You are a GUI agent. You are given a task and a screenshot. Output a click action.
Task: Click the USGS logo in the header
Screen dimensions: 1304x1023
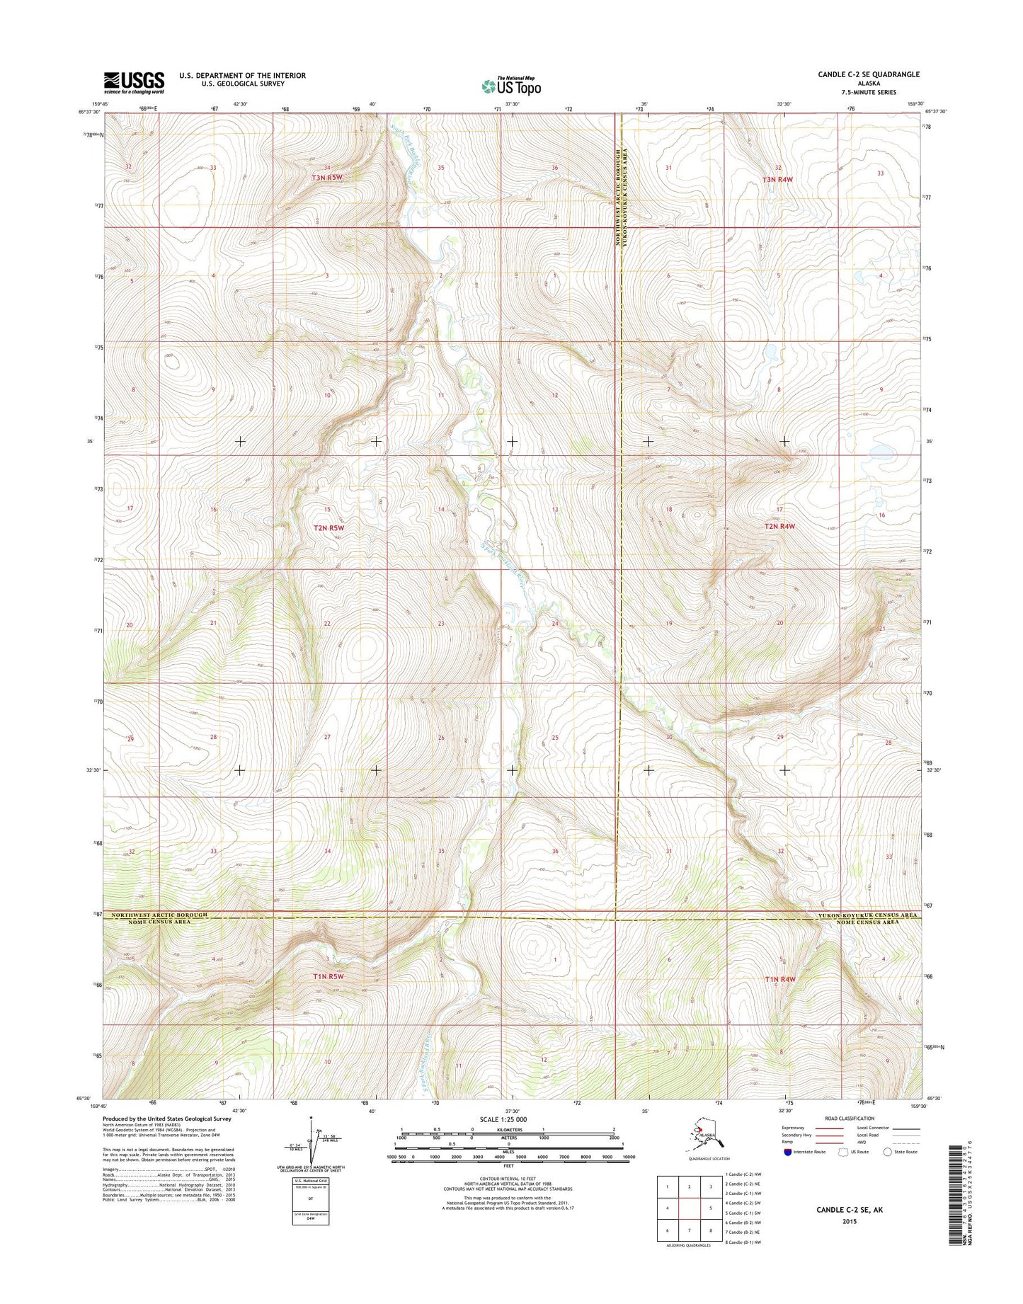[134, 82]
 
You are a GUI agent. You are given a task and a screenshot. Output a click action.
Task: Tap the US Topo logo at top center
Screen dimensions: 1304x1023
[511, 86]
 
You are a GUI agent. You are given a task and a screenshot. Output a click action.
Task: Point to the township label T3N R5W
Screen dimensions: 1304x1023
[327, 178]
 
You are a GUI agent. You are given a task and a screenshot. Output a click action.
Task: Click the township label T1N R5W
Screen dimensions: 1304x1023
[328, 977]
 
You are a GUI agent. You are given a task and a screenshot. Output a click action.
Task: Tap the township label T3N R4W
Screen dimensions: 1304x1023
[777, 180]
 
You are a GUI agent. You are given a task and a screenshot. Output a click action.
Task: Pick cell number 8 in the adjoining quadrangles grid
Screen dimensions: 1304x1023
[710, 1230]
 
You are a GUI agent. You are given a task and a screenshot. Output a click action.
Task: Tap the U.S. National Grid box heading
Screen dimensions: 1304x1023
[310, 1182]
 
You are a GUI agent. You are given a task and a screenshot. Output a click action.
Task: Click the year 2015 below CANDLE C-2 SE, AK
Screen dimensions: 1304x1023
[850, 1221]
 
